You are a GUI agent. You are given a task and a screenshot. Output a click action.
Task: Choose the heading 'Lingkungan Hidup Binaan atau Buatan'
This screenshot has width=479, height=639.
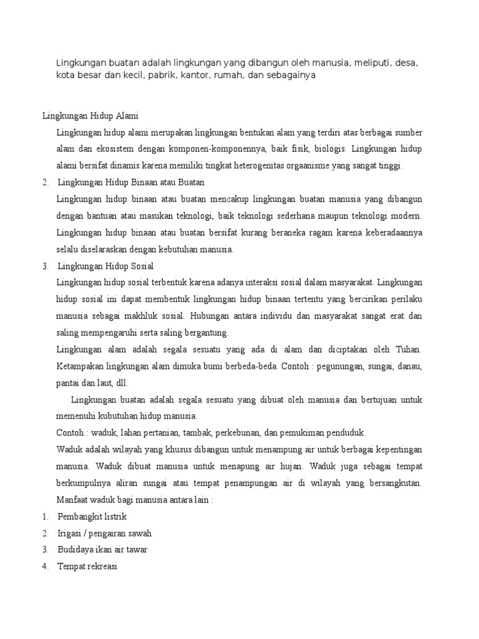point(131,183)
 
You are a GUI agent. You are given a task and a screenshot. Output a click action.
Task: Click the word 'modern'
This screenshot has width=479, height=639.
point(406,216)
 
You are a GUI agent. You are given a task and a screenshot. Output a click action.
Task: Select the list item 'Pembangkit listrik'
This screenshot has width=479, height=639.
point(92,517)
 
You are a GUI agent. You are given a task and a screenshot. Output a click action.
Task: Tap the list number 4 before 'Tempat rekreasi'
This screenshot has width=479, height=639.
point(46,567)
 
